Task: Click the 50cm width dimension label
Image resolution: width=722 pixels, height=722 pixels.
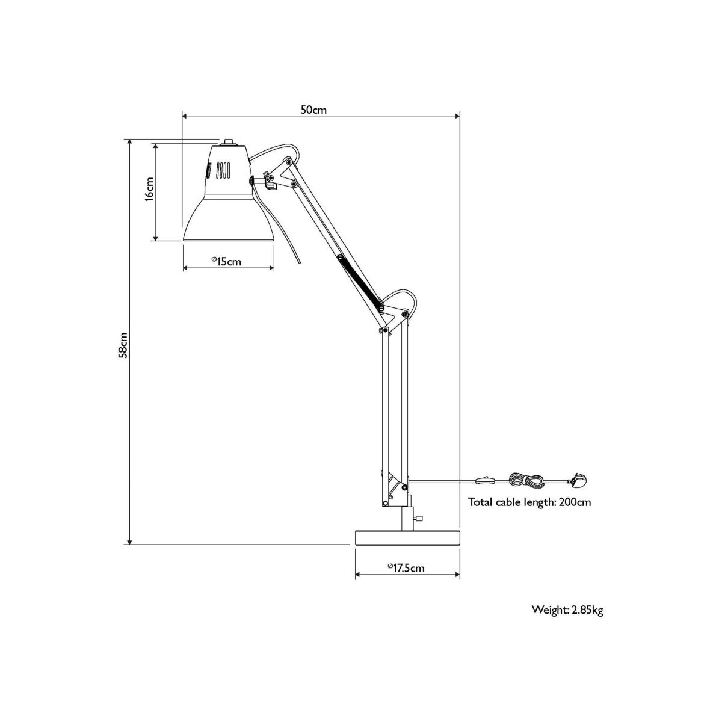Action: pyautogui.click(x=313, y=110)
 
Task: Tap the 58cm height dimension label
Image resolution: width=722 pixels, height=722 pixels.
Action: pyautogui.click(x=123, y=345)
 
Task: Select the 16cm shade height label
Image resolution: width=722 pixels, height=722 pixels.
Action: pyautogui.click(x=149, y=189)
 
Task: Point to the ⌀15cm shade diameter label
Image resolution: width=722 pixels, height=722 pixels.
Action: pyautogui.click(x=226, y=261)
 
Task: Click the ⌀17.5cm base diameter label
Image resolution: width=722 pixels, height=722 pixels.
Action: pyautogui.click(x=406, y=568)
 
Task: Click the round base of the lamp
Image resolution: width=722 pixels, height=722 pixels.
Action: pyautogui.click(x=407, y=538)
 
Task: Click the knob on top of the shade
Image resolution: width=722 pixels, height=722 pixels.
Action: pyautogui.click(x=227, y=142)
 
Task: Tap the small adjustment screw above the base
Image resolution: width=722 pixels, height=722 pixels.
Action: pyautogui.click(x=418, y=519)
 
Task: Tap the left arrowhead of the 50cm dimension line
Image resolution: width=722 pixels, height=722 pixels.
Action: pyautogui.click(x=185, y=116)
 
